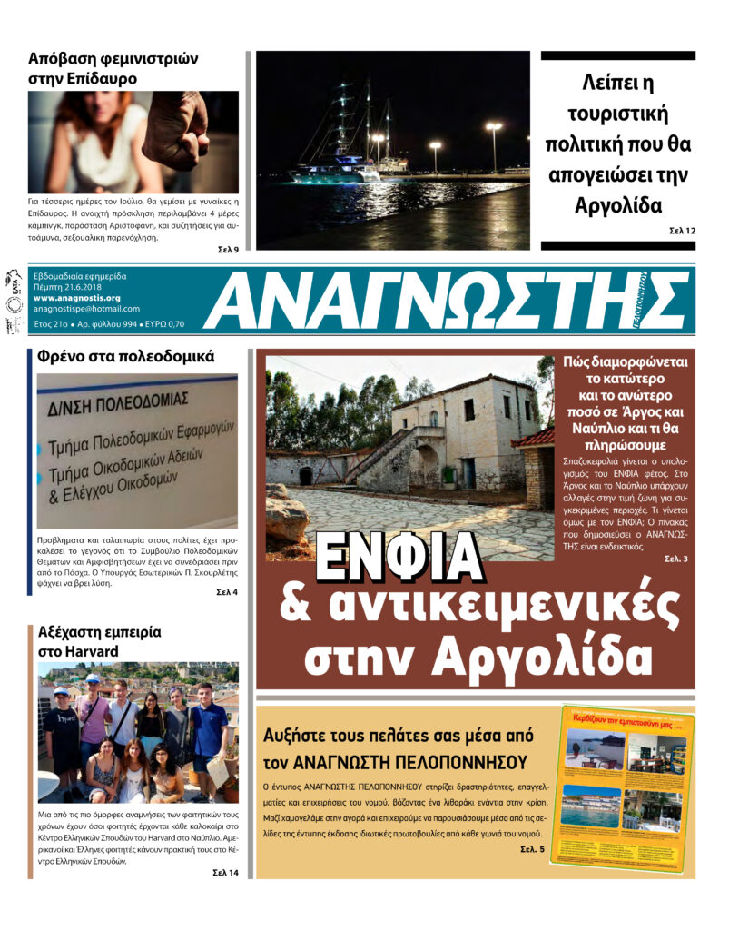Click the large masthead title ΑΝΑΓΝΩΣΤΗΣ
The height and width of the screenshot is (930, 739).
coord(445,301)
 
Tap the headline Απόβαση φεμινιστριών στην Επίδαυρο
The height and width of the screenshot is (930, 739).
coord(113,68)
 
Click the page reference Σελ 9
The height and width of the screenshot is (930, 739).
coord(228,250)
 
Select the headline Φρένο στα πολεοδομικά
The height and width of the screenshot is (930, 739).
coord(125,357)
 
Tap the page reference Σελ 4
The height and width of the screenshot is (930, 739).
coord(227,592)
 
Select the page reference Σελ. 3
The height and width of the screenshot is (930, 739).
coord(675,558)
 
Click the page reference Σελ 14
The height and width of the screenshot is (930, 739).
coord(225,873)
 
